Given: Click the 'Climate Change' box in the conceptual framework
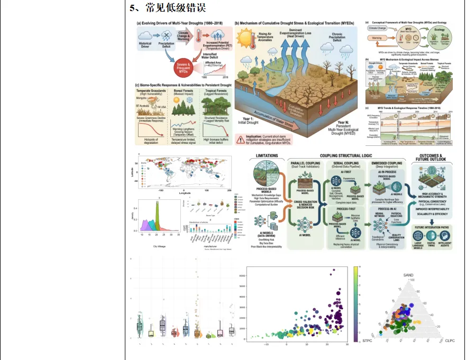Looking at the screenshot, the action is point(379,29).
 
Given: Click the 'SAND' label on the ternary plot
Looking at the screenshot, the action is point(408,275).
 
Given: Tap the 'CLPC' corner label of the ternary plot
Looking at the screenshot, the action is point(450,340).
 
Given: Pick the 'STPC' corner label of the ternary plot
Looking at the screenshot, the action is point(369,340).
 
